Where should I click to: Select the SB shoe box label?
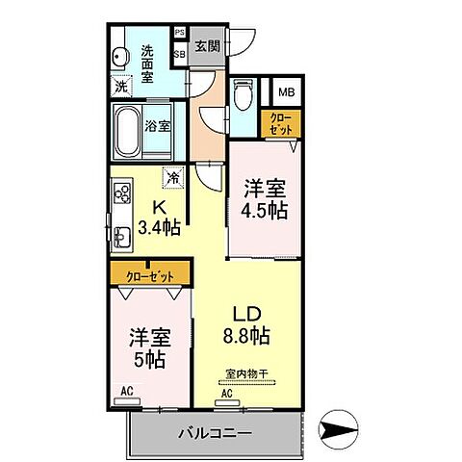(x=180, y=54)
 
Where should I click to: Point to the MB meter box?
(x=287, y=92)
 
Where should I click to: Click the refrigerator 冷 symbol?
(x=173, y=177)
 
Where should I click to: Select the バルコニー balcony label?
(x=215, y=433)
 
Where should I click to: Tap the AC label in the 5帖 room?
(x=127, y=392)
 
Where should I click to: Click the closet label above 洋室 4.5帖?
(x=280, y=123)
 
